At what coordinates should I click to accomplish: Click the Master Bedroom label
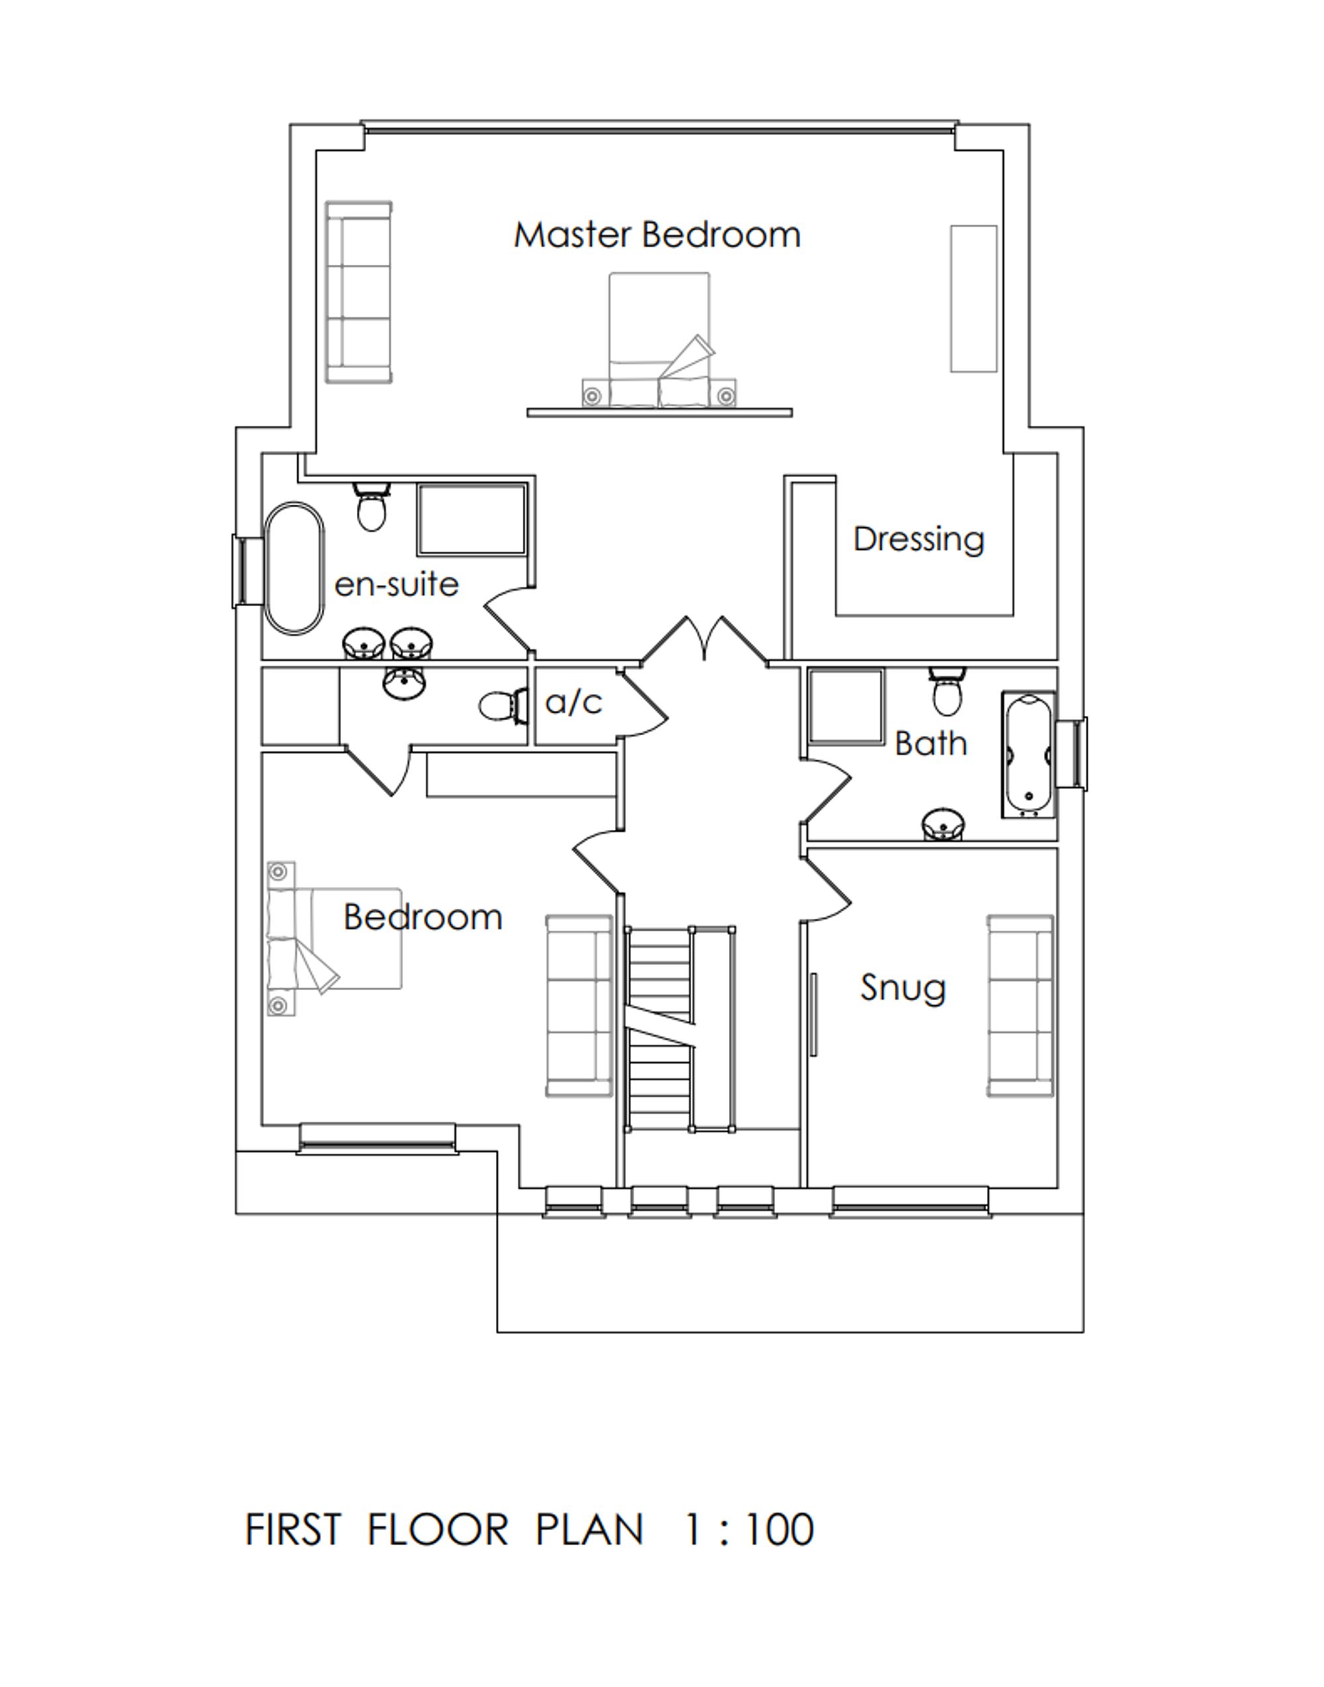click(x=657, y=235)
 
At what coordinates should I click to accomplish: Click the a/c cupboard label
click(x=574, y=703)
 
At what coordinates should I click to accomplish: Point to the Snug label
click(x=903, y=988)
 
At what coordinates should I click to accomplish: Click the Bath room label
click(x=930, y=744)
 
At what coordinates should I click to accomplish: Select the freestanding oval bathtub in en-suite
click(x=295, y=568)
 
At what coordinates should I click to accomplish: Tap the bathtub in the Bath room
click(x=1029, y=754)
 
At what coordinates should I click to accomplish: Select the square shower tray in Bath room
click(x=846, y=707)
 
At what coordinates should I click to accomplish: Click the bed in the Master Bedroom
click(x=659, y=341)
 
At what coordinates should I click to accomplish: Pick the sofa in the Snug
click(x=1020, y=1006)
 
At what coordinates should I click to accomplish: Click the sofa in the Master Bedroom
click(x=359, y=292)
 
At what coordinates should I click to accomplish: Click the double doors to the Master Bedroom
click(x=704, y=639)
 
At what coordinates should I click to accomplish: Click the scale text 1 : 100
click(x=749, y=1530)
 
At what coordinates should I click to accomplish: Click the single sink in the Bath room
click(x=943, y=825)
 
